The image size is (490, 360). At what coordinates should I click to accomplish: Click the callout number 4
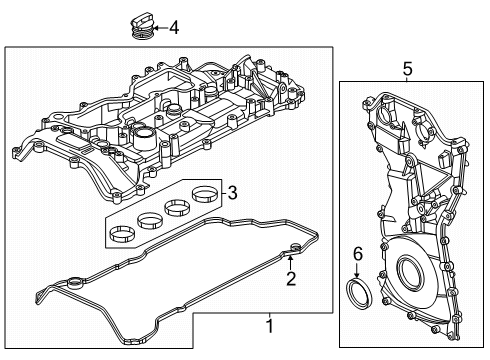174,27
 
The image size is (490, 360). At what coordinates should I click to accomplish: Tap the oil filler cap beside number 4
141,26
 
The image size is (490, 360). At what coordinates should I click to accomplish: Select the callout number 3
232,193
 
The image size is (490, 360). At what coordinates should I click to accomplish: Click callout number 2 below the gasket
291,279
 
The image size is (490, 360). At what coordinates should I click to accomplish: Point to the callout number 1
270,326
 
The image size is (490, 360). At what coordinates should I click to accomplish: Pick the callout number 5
407,69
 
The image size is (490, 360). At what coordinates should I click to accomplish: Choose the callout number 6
357,254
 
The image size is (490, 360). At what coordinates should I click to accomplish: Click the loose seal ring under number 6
359,292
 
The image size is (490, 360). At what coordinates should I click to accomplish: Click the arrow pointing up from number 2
290,263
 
